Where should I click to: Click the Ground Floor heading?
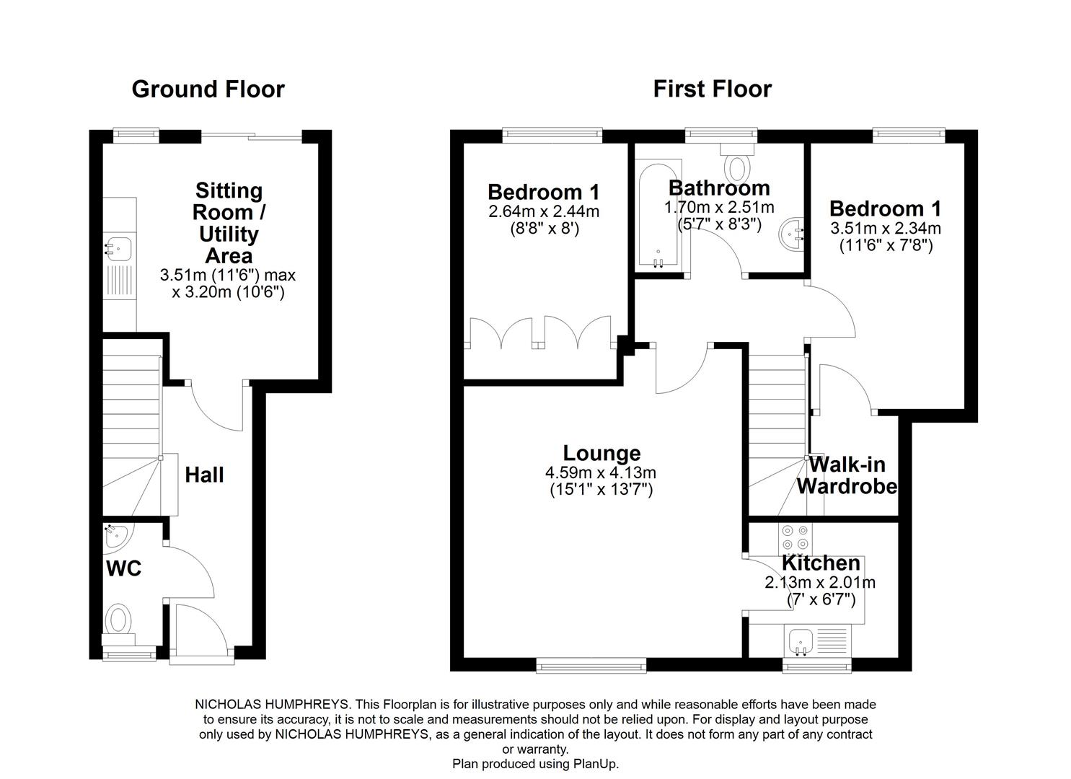click(x=208, y=89)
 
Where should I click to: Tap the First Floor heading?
click(x=712, y=89)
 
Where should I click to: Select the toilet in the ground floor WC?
click(x=118, y=621)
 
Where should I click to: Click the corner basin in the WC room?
click(x=114, y=535)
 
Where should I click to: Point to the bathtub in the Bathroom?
click(x=658, y=215)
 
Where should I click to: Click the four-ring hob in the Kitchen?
click(x=795, y=537)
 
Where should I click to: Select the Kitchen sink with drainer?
click(x=817, y=641)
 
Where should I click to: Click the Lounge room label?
click(x=601, y=454)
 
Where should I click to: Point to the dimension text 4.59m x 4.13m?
click(x=601, y=473)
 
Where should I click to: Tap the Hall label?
click(x=204, y=475)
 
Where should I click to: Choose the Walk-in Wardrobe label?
click(x=847, y=475)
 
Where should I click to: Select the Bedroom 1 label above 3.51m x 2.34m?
click(x=885, y=209)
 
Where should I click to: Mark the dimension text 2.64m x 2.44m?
click(x=544, y=212)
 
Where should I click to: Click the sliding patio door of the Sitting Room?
click(x=251, y=136)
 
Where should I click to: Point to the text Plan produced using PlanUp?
click(x=535, y=764)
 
